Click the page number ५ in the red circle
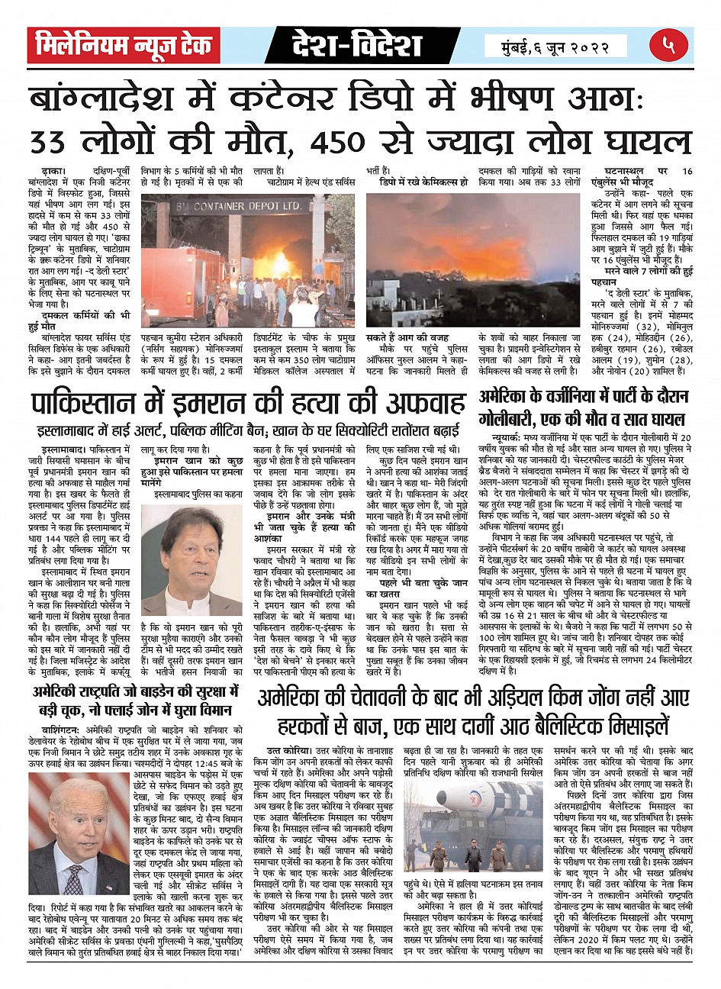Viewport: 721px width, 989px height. tap(669, 45)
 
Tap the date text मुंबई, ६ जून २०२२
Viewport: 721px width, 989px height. tap(555, 47)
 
